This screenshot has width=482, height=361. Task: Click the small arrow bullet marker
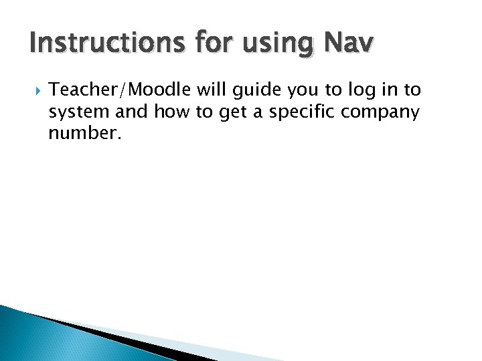click(x=34, y=90)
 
